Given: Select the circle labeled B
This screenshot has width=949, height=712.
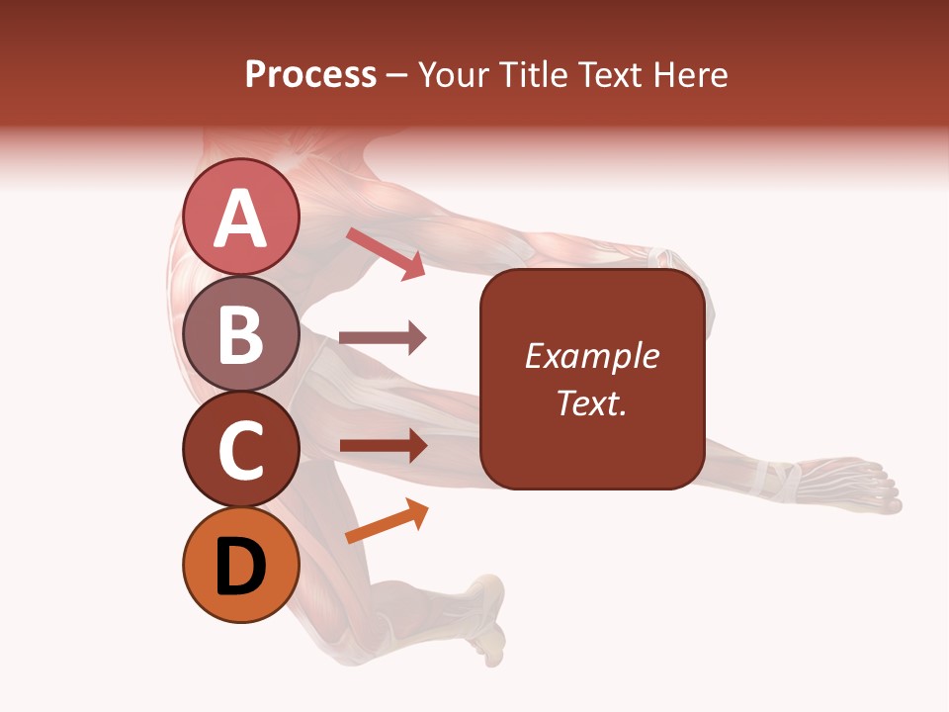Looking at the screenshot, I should pos(241,333).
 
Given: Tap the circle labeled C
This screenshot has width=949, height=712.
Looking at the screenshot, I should pos(241,450).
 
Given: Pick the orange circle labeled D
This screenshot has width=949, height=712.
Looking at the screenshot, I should pos(241,566).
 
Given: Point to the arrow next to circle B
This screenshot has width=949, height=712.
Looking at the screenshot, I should pos(383,338).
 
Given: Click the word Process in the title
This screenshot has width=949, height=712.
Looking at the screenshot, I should pos(310,75).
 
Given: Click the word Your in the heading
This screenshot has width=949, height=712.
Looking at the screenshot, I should pos(450,75).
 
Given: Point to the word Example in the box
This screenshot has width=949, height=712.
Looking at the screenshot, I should pos(592,356).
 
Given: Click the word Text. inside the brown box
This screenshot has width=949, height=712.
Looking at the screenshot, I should pos(592,403).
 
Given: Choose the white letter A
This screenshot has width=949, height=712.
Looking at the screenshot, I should pos(241,218).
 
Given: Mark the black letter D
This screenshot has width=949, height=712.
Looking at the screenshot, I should pos(241,567).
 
